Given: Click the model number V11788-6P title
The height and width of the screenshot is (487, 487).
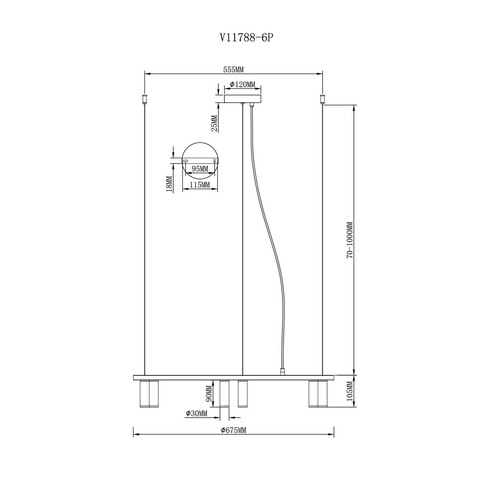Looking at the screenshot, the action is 247,38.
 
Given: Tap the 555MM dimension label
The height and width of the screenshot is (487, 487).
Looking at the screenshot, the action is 233,70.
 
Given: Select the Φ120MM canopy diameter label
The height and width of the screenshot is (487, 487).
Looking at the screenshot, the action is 243,84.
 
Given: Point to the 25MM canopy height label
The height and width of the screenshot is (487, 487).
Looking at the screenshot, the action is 215,123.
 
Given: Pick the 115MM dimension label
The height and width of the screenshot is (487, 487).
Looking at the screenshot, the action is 200,185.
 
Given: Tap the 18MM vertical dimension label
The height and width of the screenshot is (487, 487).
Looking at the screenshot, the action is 169,183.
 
